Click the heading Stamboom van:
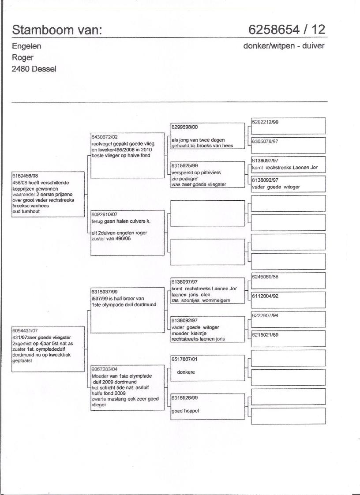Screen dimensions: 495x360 click(x=57, y=30)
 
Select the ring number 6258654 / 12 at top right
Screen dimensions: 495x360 click(x=287, y=30)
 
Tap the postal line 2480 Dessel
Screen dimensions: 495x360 click(x=34, y=69)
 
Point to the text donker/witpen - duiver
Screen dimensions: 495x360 click(x=284, y=46)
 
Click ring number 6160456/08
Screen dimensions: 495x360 click(x=25, y=176)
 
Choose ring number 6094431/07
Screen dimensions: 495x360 click(x=25, y=330)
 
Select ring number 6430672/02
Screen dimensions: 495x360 click(x=105, y=137)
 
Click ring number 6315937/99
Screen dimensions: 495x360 click(x=105, y=292)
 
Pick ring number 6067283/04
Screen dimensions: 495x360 click(x=105, y=369)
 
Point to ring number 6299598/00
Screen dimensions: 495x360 click(x=185, y=127)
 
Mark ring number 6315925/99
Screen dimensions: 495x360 click(x=185, y=165)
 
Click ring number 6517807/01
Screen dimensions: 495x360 click(x=185, y=359)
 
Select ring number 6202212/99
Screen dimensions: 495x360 click(x=265, y=122)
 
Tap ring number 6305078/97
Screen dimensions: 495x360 click(x=265, y=141)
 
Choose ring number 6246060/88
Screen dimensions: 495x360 click(x=265, y=277)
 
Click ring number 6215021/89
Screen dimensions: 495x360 click(x=265, y=335)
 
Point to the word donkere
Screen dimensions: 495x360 click(x=186, y=372)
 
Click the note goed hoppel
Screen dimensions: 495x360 click(x=185, y=411)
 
